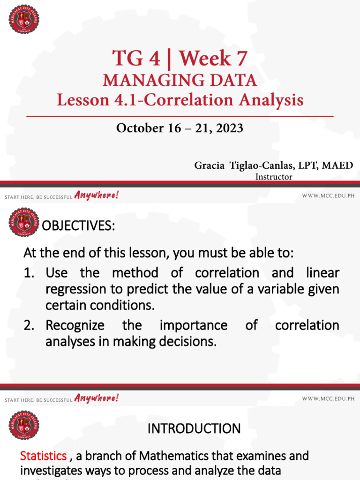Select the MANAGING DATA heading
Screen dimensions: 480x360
(x=180, y=80)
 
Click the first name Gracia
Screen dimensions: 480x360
(x=210, y=165)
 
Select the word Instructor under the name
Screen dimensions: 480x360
(x=274, y=177)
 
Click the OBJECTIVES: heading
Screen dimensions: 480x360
(x=78, y=226)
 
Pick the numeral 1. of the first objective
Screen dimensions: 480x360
(x=30, y=273)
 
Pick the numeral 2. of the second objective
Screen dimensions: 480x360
(x=30, y=325)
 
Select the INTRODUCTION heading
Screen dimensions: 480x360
(x=194, y=428)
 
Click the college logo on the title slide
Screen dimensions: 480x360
(x=24, y=19)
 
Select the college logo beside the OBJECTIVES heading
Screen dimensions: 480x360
(x=24, y=222)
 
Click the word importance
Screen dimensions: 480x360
(x=194, y=325)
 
